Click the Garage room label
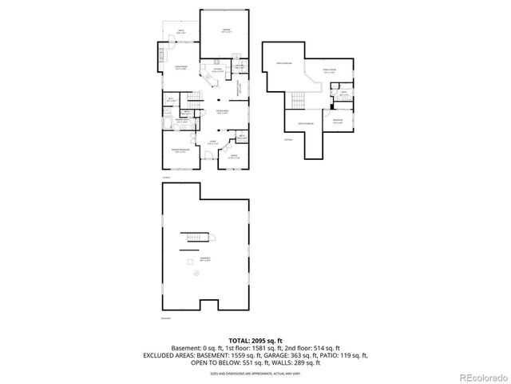pyautogui.click(x=226, y=30)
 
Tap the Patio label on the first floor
pyautogui.click(x=180, y=31)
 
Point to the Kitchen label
pyautogui.click(x=216, y=70)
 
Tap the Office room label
pyautogui.click(x=235, y=158)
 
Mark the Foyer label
pyautogui.click(x=212, y=143)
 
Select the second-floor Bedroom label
pyautogui.click(x=337, y=122)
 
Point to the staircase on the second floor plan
pyautogui.click(x=297, y=100)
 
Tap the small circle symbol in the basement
pyautogui.click(x=195, y=274)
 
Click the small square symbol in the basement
pyautogui.click(x=190, y=262)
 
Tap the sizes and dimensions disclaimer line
pyautogui.click(x=255, y=371)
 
